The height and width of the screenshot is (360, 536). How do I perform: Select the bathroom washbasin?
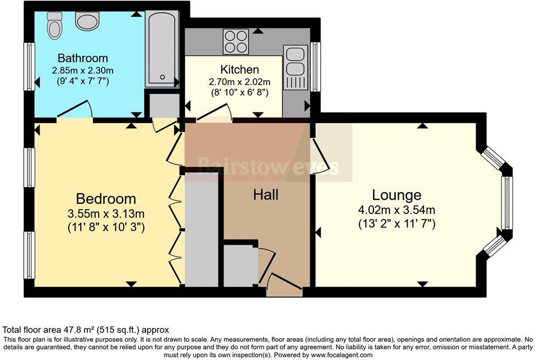[x=86, y=21]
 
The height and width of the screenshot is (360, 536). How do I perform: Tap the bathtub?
[x=162, y=48]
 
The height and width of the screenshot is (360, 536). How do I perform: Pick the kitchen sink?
[x=295, y=61]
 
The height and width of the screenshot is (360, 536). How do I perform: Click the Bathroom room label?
[x=83, y=58]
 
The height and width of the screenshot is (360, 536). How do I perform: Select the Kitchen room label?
[x=239, y=70]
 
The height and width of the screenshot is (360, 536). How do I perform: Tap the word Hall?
[x=266, y=194]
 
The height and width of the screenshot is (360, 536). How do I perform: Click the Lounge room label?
[x=397, y=195]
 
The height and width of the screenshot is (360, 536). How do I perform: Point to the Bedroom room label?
[x=105, y=199]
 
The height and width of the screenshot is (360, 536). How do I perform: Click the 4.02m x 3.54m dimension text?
[x=397, y=210]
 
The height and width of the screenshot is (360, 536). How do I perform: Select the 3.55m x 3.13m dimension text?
[x=106, y=213]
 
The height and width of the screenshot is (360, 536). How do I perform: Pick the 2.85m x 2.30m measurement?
[x=83, y=70]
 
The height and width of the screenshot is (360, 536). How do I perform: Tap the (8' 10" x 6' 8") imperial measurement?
[x=239, y=93]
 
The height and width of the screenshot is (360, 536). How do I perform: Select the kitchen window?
[x=315, y=66]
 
